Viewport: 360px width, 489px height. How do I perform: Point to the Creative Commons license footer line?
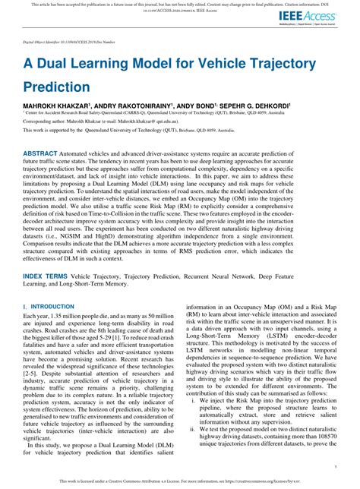click(180, 481)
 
